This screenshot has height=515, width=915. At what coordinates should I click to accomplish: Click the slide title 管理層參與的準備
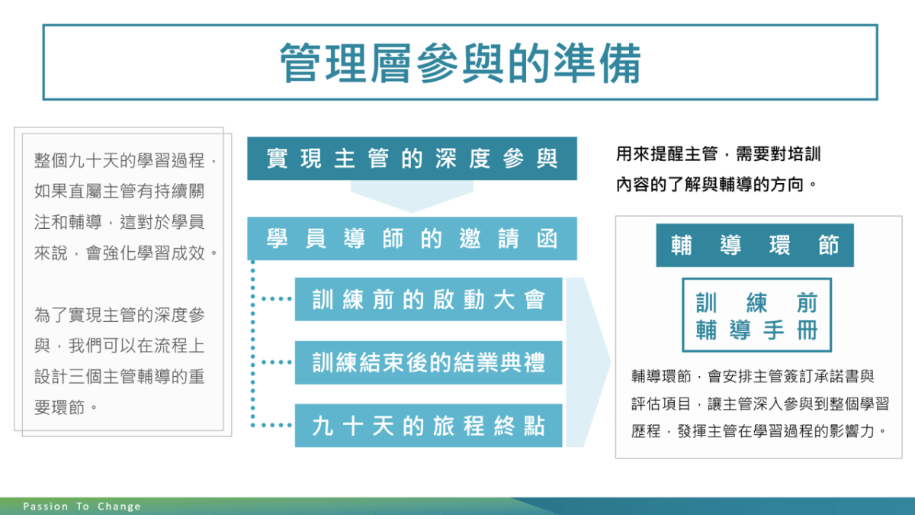[x=460, y=63]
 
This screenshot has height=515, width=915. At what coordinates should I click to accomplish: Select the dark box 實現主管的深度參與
[x=412, y=159]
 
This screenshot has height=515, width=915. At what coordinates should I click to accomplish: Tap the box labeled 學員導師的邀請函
[x=412, y=239]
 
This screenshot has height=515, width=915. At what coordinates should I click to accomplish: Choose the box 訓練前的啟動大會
[x=429, y=299]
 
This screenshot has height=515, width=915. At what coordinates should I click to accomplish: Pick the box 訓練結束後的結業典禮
[x=429, y=362]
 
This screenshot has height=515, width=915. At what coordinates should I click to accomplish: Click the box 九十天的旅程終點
[x=429, y=426]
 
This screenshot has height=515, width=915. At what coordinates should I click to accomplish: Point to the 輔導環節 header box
[x=755, y=245]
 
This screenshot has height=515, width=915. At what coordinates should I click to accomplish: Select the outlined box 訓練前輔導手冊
[x=756, y=315]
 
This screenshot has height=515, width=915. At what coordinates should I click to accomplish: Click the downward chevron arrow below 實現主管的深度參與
[x=412, y=197]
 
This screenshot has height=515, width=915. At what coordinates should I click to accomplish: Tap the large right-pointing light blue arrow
[x=588, y=362]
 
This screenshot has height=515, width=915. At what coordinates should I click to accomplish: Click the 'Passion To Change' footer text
[x=82, y=507]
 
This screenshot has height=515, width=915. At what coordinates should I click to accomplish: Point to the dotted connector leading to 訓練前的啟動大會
[x=277, y=299]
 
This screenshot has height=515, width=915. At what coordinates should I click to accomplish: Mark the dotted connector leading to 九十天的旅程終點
[x=277, y=425]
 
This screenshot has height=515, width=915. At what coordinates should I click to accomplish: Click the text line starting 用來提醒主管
[x=718, y=154]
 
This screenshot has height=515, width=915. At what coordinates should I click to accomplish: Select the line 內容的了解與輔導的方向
[x=716, y=185]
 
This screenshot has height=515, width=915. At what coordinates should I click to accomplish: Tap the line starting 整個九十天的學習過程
[x=125, y=160]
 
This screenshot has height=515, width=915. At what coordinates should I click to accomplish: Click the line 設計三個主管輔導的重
[x=119, y=376]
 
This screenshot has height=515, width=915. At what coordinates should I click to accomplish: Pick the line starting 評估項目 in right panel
[x=760, y=404]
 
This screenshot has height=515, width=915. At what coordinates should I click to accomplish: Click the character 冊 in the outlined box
[x=807, y=330]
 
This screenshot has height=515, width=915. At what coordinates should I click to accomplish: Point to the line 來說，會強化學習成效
[x=126, y=253]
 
